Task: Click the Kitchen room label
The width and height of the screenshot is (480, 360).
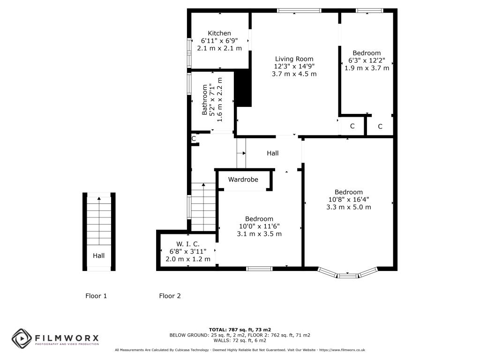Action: click(219, 33)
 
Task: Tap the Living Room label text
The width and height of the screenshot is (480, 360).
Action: click(294, 59)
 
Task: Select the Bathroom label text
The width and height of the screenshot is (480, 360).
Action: click(204, 100)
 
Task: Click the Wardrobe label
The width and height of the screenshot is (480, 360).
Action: click(243, 180)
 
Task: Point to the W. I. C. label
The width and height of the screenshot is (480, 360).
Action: click(187, 244)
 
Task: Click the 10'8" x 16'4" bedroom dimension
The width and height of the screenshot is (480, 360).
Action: click(349, 200)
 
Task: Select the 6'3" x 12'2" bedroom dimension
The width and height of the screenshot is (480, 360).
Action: click(367, 60)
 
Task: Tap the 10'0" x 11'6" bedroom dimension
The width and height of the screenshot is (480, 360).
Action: click(259, 226)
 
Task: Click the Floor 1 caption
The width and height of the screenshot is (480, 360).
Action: click(96, 296)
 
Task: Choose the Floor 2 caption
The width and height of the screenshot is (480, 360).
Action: click(170, 296)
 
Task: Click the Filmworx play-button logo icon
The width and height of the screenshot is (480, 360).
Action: click(22, 338)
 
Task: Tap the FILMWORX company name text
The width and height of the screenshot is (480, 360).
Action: click(67, 338)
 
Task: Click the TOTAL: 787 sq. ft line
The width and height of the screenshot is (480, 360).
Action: click(240, 330)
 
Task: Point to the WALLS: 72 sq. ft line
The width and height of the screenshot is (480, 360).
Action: click(240, 340)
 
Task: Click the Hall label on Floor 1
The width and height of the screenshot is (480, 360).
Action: click(98, 255)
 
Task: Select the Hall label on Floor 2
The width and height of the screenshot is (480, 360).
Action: click(272, 153)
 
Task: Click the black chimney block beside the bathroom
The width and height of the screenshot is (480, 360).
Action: click(243, 88)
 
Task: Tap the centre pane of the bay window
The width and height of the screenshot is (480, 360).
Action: click(347, 276)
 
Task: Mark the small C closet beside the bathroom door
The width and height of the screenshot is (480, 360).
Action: click(194, 139)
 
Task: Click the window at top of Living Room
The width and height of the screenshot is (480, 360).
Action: click(299, 11)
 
